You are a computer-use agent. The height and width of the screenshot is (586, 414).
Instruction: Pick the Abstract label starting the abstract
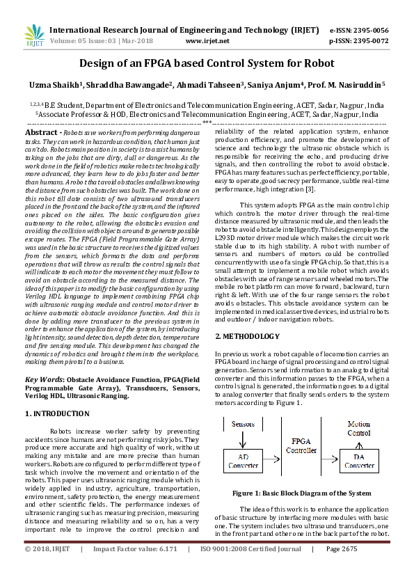point(42,132)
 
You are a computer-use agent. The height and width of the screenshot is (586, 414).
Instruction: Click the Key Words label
point(42,379)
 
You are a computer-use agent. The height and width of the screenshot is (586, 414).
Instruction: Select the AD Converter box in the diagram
point(242,460)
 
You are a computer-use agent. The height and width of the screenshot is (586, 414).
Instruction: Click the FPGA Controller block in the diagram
point(301,445)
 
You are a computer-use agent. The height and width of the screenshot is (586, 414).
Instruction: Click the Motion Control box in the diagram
point(359,427)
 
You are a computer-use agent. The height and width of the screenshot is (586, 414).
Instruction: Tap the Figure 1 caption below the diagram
point(301,493)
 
